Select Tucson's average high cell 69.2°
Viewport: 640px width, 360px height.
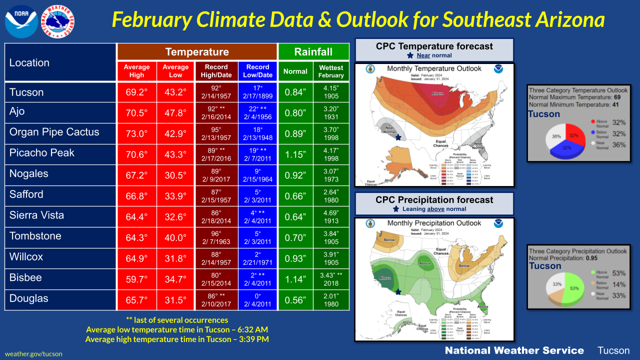pyautogui.click(x=136, y=92)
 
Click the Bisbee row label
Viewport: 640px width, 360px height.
pyautogui.click(x=25, y=277)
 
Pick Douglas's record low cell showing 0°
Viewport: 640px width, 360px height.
pyautogui.click(x=257, y=299)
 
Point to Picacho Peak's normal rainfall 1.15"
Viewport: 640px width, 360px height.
pyautogui.click(x=295, y=154)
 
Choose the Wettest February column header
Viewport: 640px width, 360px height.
pyautogui.click(x=331, y=71)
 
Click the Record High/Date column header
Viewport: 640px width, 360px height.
pyautogui.click(x=216, y=71)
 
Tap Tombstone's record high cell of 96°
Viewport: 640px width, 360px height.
pyautogui.click(x=216, y=237)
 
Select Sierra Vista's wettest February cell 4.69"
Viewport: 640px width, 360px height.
pyautogui.click(x=331, y=216)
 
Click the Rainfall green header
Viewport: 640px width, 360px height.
pyautogui.click(x=313, y=52)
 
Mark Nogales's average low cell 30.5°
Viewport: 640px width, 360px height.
pyautogui.click(x=175, y=175)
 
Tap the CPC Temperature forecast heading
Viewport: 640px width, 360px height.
pyautogui.click(x=434, y=46)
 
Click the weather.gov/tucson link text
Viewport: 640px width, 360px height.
pyautogui.click(x=33, y=353)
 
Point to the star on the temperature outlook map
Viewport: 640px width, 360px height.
pyautogui.click(x=398, y=137)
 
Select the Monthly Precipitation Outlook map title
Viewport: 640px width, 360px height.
pyautogui.click(x=434, y=223)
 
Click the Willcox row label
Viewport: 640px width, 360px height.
pyautogui.click(x=26, y=257)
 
